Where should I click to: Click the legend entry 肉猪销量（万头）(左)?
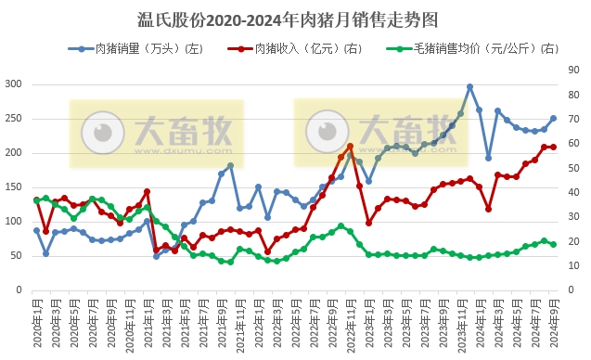135,48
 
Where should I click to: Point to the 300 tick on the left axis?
14,84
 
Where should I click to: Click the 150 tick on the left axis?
14,187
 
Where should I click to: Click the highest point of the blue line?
470,86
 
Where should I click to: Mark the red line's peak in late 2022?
350,147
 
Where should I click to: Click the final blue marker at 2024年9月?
553,118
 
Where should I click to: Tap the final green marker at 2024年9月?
553,244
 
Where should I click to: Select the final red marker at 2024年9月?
553,147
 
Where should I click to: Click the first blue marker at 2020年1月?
37,230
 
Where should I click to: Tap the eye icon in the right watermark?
324,126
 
